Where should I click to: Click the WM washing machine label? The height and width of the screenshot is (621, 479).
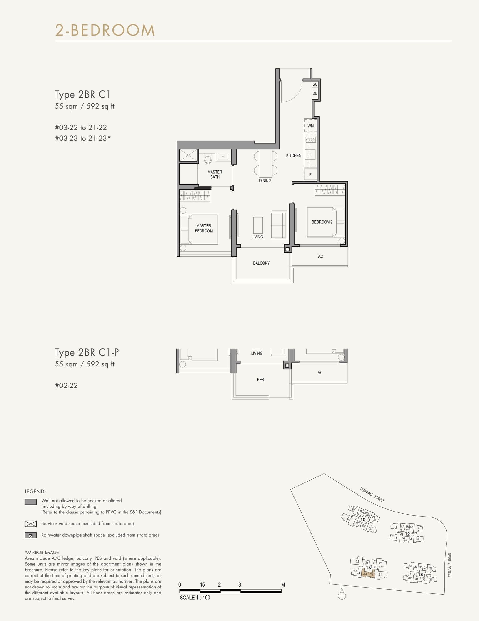pyautogui.click(x=310, y=126)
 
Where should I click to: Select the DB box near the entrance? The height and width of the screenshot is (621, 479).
pyautogui.click(x=315, y=93)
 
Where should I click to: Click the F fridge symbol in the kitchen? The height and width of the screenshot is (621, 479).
pyautogui.click(x=310, y=174)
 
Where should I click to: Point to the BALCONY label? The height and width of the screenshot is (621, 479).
pyautogui.click(x=261, y=263)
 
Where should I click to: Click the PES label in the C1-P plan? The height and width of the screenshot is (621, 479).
pyautogui.click(x=260, y=380)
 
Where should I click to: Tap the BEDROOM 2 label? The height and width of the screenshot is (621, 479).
pyautogui.click(x=322, y=222)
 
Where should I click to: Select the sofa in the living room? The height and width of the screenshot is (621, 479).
pyautogui.click(x=279, y=225)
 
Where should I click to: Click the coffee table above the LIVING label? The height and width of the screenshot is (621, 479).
pyautogui.click(x=258, y=225)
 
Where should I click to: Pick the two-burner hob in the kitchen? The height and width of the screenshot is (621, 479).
pyautogui.click(x=310, y=140)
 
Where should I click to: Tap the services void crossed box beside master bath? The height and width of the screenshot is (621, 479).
pyautogui.click(x=188, y=155)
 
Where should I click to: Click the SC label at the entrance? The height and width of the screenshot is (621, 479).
pyautogui.click(x=315, y=84)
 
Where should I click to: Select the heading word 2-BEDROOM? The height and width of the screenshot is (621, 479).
pyautogui.click(x=105, y=30)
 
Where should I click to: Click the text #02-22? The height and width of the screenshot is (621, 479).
pyautogui.click(x=66, y=386)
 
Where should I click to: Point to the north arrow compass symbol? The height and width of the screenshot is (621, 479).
pyautogui.click(x=342, y=596)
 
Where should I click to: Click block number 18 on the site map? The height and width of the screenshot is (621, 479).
pyautogui.click(x=420, y=574)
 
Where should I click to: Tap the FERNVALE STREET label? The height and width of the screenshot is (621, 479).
pyautogui.click(x=372, y=495)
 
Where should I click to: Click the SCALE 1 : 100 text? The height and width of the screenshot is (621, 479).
pyautogui.click(x=195, y=598)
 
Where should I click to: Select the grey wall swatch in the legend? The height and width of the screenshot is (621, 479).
pyautogui.click(x=31, y=502)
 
